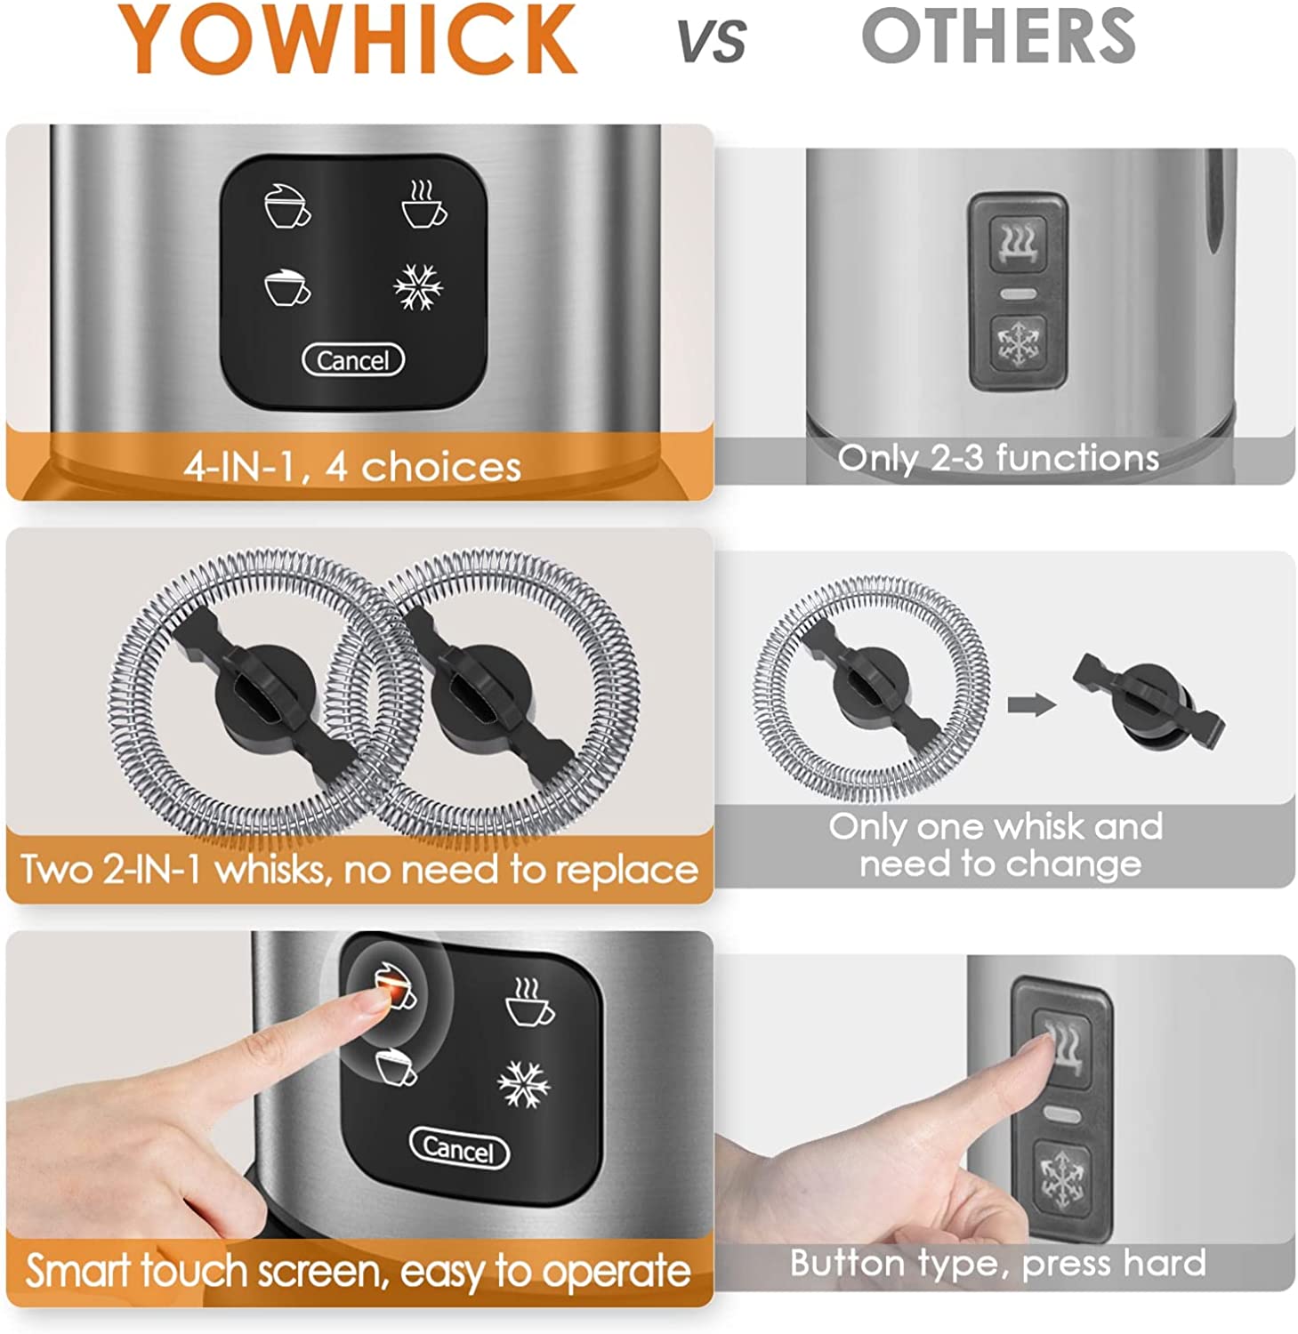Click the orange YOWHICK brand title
[349, 39]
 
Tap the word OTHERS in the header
[998, 36]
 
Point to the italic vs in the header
[712, 41]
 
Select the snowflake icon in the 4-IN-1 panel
[418, 287]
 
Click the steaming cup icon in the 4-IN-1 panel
[423, 205]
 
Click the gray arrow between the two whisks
[1031, 705]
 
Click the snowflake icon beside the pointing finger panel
[524, 1086]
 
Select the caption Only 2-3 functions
[998, 458]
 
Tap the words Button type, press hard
[998, 1264]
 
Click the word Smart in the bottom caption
[77, 1271]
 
